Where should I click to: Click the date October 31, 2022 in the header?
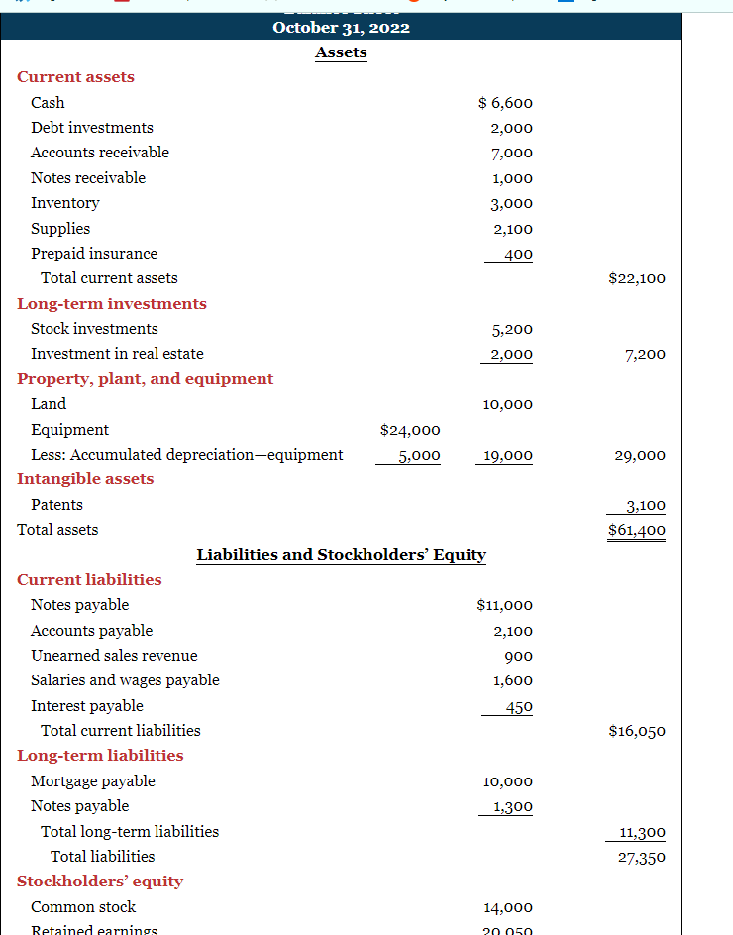(341, 27)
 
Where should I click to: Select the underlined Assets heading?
(341, 52)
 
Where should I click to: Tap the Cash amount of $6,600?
(505, 103)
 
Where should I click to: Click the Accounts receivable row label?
(100, 153)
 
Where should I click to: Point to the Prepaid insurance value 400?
(516, 254)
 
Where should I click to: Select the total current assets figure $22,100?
(637, 278)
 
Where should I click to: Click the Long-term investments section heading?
(112, 304)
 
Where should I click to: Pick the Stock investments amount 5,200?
(512, 329)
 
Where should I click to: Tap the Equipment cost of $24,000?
(410, 430)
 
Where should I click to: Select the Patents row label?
(56, 505)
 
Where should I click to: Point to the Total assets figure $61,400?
(637, 530)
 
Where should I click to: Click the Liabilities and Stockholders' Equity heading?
(341, 555)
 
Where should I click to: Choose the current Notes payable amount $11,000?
(504, 605)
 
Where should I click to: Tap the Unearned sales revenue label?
(114, 656)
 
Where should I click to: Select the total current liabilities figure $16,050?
(637, 731)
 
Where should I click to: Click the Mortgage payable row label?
(93, 781)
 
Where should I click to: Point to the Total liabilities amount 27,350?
(641, 857)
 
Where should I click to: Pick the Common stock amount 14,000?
(508, 907)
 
